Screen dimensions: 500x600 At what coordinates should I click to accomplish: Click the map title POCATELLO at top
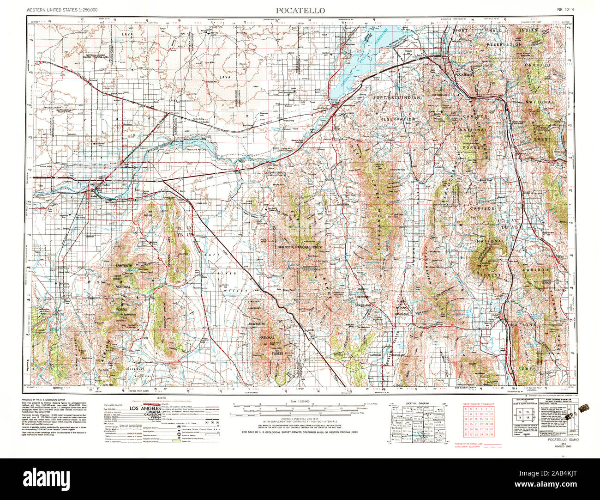(x=300, y=10)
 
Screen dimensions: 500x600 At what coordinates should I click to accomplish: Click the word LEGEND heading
(x=161, y=397)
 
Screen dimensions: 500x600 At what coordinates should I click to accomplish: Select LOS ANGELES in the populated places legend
(x=144, y=409)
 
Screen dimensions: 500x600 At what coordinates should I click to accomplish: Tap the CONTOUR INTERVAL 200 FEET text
(x=291, y=419)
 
